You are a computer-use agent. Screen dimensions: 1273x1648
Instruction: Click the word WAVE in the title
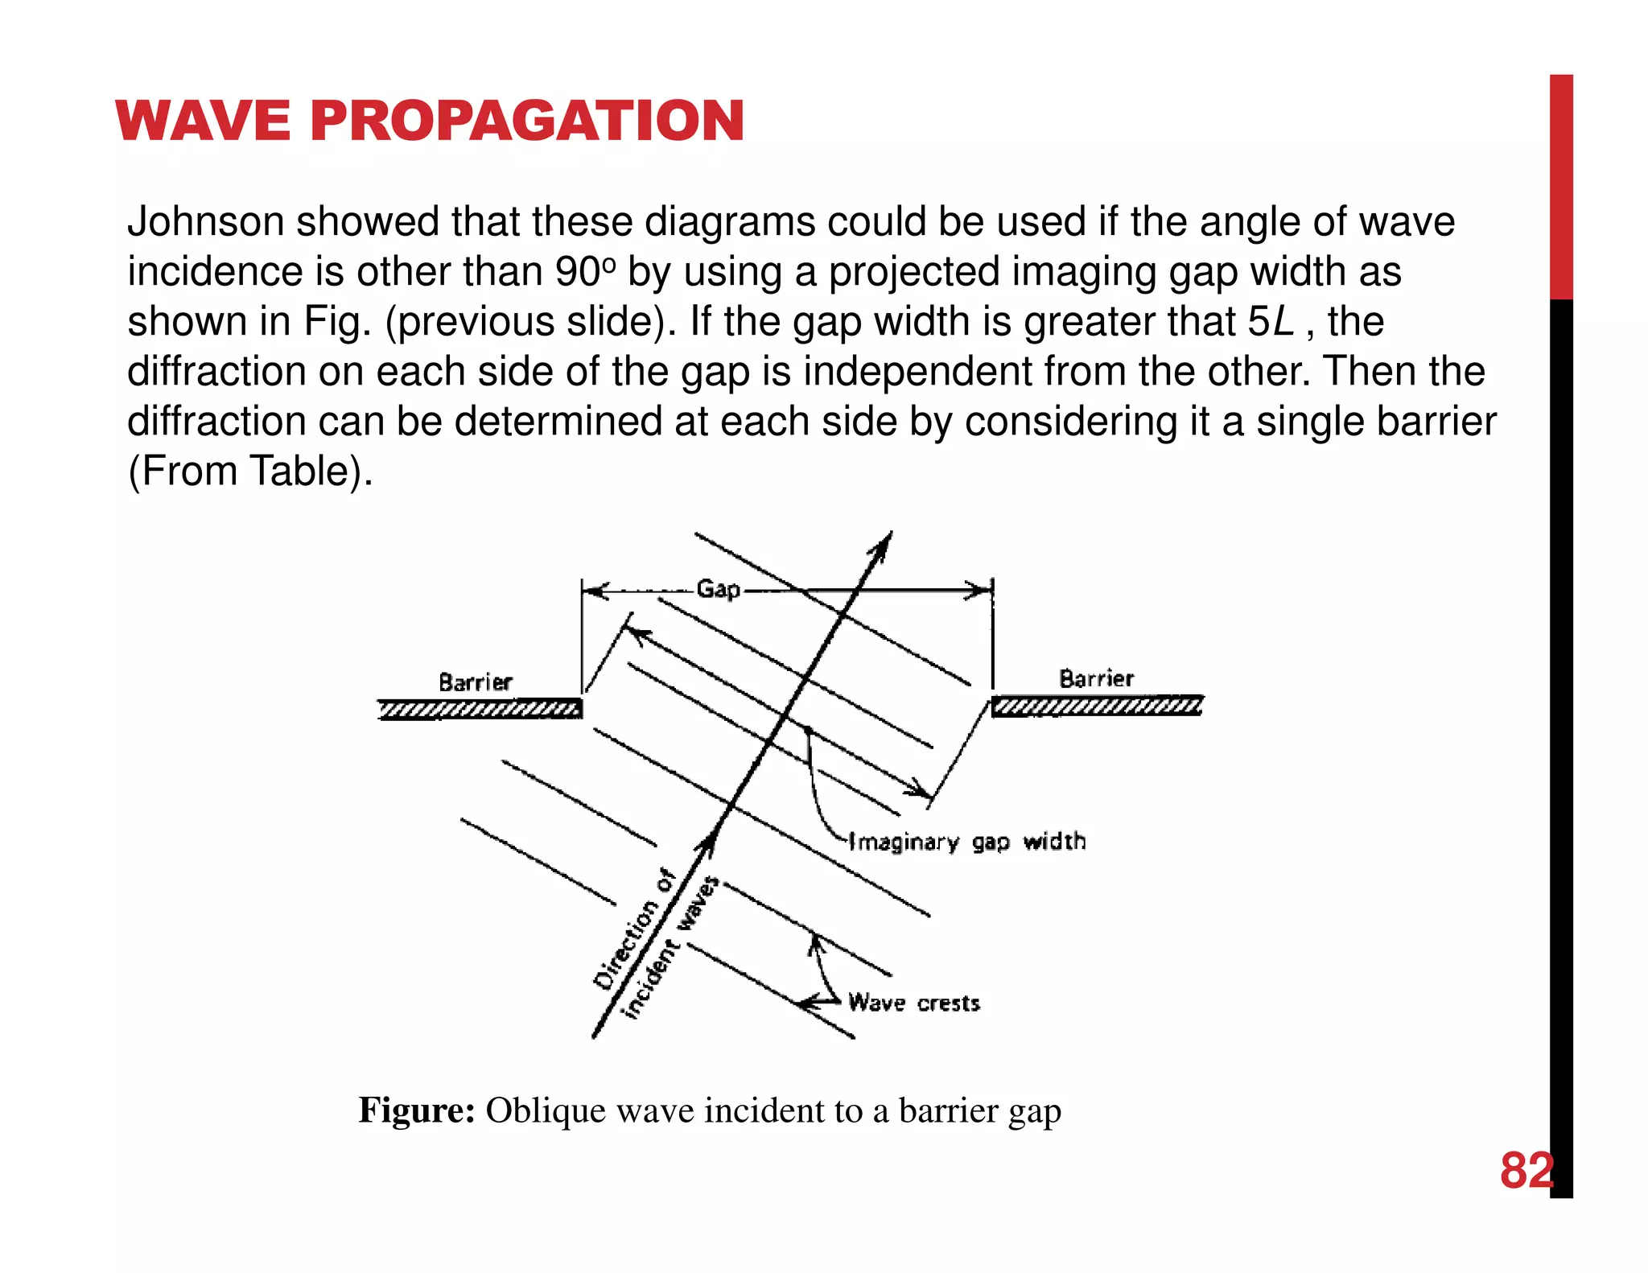pos(202,122)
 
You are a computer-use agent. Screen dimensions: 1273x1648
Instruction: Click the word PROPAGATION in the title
pos(527,122)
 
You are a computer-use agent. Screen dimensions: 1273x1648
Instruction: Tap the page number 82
pos(1526,1171)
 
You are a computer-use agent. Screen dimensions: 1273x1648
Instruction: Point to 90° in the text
pos(579,272)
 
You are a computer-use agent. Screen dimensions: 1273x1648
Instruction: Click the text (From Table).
pos(250,472)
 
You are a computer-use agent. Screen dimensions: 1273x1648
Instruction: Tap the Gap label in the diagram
pos(718,589)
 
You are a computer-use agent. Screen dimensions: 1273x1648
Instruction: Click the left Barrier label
pos(475,682)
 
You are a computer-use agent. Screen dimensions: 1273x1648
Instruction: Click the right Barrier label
pos(1096,678)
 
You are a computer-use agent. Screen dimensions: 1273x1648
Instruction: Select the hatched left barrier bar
pos(480,709)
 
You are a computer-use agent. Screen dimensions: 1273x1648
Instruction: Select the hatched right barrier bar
pos(1097,707)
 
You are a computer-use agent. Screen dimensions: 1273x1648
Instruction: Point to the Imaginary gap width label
pos(968,842)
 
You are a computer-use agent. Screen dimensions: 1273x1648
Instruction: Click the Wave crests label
pos(914,1003)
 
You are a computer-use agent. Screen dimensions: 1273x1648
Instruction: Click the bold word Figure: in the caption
pos(417,1110)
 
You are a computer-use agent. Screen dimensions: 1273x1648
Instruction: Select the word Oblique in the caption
pos(545,1110)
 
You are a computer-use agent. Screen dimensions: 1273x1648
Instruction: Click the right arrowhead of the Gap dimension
pos(981,591)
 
